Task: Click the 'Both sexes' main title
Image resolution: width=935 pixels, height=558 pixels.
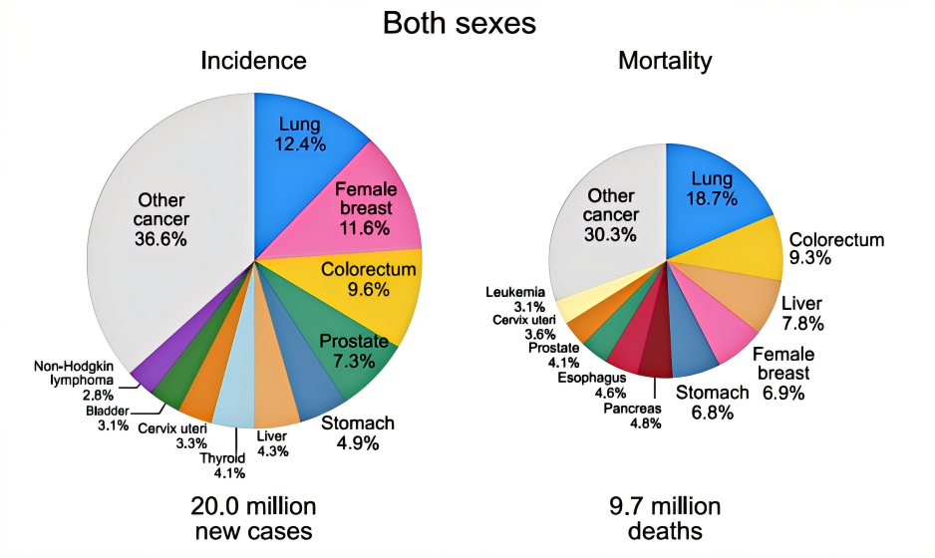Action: [467, 22]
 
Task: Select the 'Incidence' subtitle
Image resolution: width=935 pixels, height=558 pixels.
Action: [253, 61]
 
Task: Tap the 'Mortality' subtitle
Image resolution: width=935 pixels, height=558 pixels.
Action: [665, 61]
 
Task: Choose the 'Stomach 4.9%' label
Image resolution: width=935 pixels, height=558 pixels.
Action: [357, 433]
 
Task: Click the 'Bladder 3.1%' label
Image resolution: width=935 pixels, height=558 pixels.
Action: [107, 418]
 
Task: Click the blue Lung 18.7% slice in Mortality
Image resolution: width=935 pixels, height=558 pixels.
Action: [714, 189]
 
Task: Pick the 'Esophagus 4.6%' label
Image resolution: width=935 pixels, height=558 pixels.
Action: [591, 385]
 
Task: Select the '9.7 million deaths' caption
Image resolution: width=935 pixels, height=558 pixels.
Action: [665, 517]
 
